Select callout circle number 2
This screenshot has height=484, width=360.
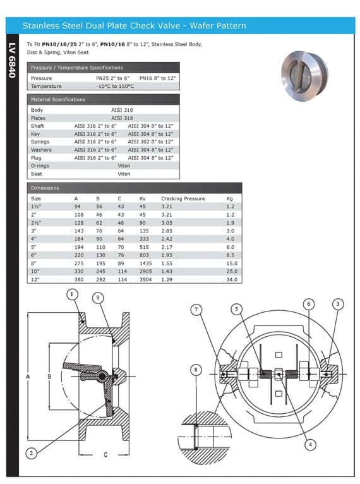pyautogui.click(x=32, y=451)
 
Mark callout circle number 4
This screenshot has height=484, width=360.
pyautogui.click(x=309, y=444)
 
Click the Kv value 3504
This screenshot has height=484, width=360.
pyautogui.click(x=145, y=278)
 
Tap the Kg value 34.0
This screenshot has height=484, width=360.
pyautogui.click(x=231, y=278)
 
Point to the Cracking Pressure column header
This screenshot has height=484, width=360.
pyautogui.click(x=183, y=198)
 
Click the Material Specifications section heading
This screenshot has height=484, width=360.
pyautogui.click(x=58, y=99)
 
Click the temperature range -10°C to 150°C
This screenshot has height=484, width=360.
pyautogui.click(x=116, y=86)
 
